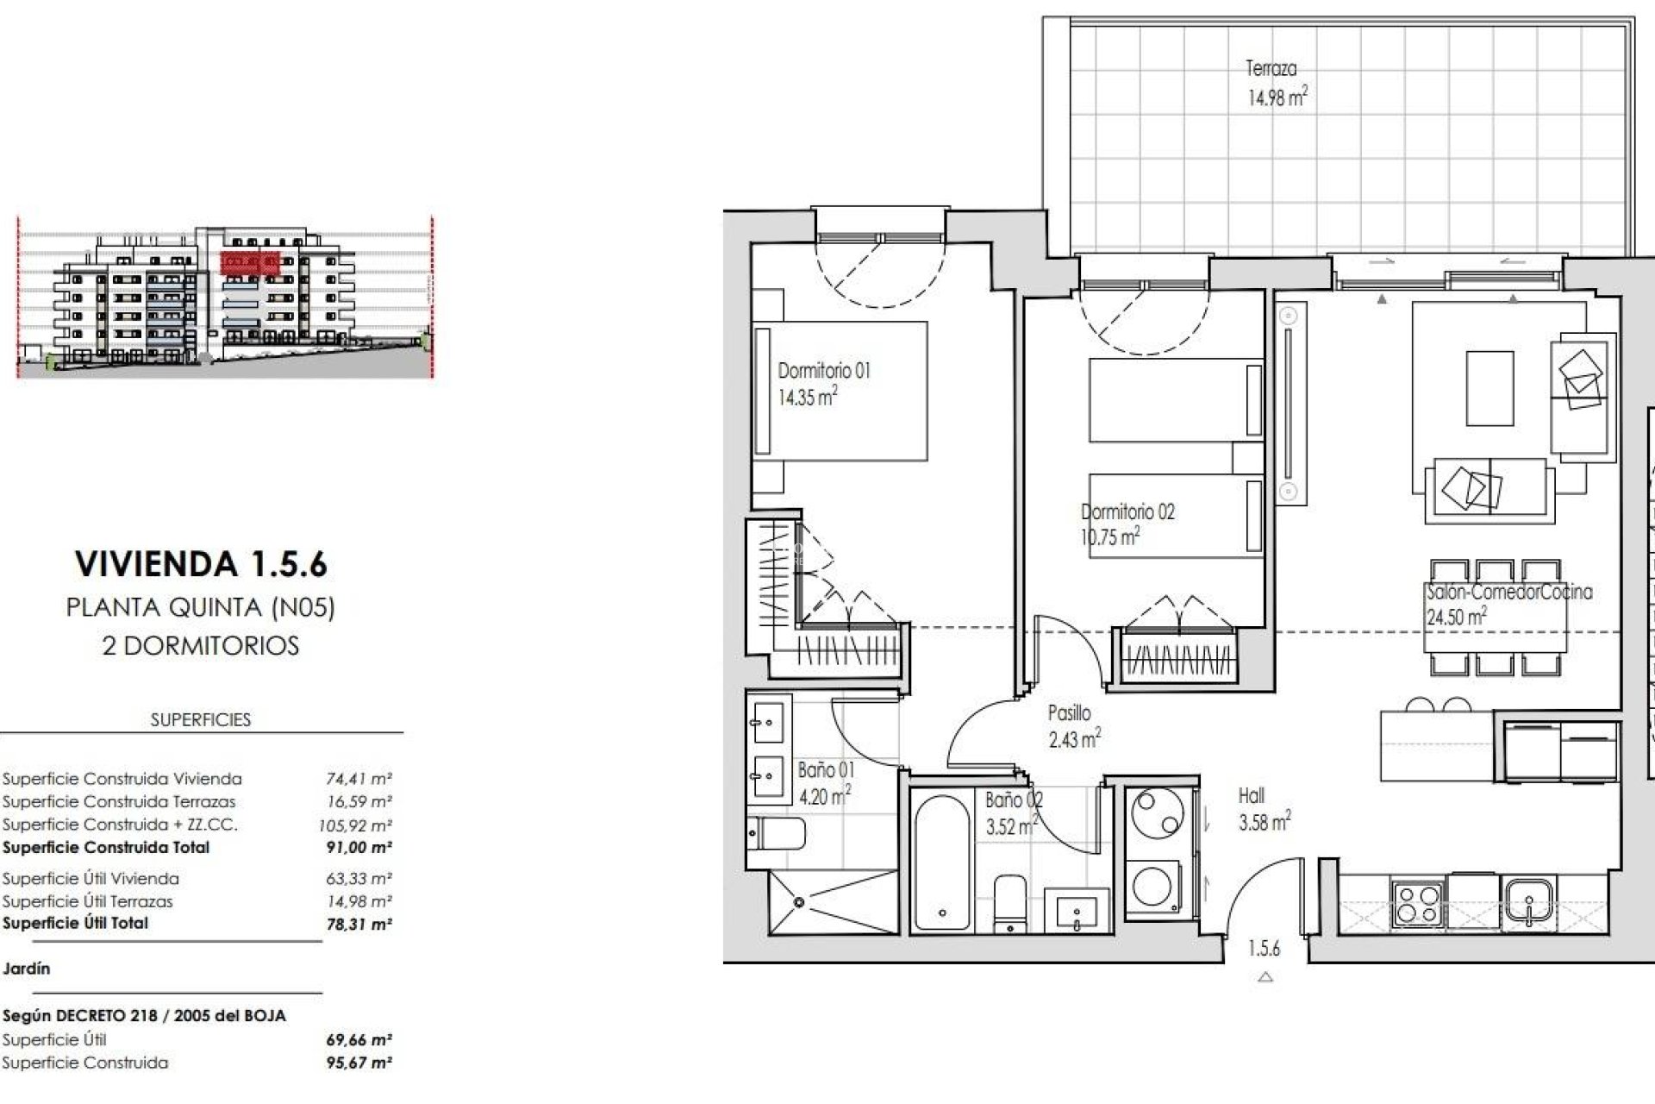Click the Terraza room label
pyautogui.click(x=1271, y=68)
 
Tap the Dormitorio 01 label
pyautogui.click(x=824, y=371)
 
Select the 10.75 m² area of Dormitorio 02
pyautogui.click(x=1110, y=537)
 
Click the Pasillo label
pyautogui.click(x=1069, y=713)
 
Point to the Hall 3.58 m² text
pyautogui.click(x=1264, y=810)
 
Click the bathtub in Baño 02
pyautogui.click(x=943, y=862)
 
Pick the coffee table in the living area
pyautogui.click(x=1489, y=388)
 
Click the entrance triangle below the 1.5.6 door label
pyautogui.click(x=1265, y=977)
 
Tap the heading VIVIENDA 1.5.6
pyautogui.click(x=201, y=564)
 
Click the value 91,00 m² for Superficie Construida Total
pyautogui.click(x=359, y=847)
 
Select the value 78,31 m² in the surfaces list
pyautogui.click(x=359, y=924)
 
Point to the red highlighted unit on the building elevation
pyautogui.click(x=250, y=261)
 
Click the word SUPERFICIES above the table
pyautogui.click(x=201, y=719)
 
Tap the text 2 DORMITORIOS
pyautogui.click(x=201, y=646)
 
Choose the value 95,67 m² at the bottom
pyautogui.click(x=359, y=1063)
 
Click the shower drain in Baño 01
pyautogui.click(x=799, y=902)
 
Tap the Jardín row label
pyautogui.click(x=27, y=969)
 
